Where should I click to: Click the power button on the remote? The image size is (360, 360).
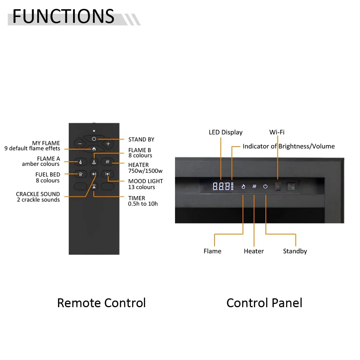tap(94, 139)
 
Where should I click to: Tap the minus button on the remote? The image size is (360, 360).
tap(80, 144)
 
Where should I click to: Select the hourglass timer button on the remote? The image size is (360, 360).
tap(94, 186)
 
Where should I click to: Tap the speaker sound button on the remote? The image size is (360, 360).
tap(94, 174)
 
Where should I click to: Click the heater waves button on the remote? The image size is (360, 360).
tap(107, 162)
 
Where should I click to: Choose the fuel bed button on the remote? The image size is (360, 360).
tap(80, 174)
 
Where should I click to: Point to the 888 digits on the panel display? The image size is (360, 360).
tap(221, 186)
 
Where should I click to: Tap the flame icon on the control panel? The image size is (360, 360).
tap(243, 186)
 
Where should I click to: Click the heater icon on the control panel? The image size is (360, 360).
tap(254, 186)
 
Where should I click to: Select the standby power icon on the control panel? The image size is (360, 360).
tap(265, 186)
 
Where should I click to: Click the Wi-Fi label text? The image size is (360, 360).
tap(277, 132)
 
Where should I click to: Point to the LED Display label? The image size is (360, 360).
tap(226, 133)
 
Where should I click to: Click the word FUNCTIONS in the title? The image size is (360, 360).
tap(64, 16)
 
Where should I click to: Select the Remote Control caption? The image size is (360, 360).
tap(102, 303)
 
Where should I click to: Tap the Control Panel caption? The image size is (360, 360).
tap(264, 303)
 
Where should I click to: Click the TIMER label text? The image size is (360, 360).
tap(137, 198)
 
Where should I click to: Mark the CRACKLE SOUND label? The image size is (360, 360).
tap(38, 194)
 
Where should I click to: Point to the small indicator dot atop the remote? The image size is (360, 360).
tap(94, 131)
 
